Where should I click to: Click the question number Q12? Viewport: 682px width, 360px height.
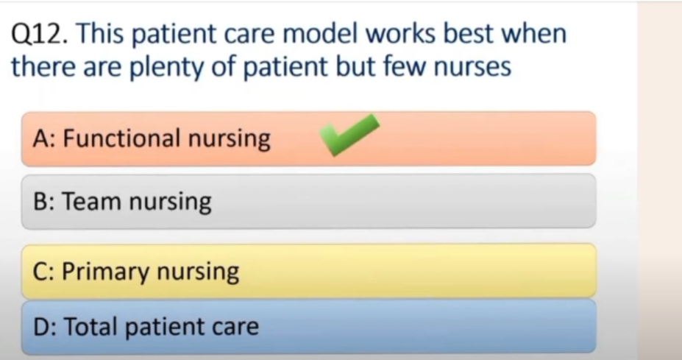pyautogui.click(x=39, y=35)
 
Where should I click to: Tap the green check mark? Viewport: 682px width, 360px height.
pyautogui.click(x=349, y=135)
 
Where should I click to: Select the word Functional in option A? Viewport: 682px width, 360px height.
pyautogui.click(x=122, y=138)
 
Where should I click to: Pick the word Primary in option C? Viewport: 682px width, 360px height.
pyautogui.click(x=106, y=272)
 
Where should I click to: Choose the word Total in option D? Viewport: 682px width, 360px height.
pyautogui.click(x=92, y=326)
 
